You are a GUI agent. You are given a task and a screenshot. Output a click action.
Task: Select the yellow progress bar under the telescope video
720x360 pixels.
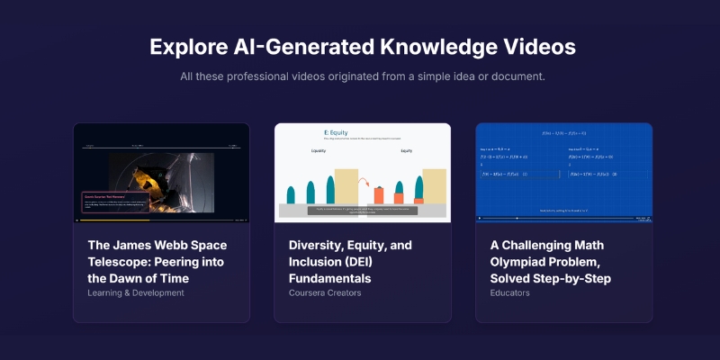(x=112, y=220)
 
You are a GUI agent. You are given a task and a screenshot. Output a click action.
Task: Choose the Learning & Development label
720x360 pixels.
(x=137, y=293)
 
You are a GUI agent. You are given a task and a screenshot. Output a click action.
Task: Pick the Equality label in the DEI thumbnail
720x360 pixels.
(x=317, y=151)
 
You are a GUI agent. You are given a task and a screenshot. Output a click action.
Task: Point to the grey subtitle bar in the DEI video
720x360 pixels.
(x=362, y=210)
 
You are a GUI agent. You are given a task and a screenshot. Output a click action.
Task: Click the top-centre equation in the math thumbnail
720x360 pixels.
(x=563, y=132)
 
